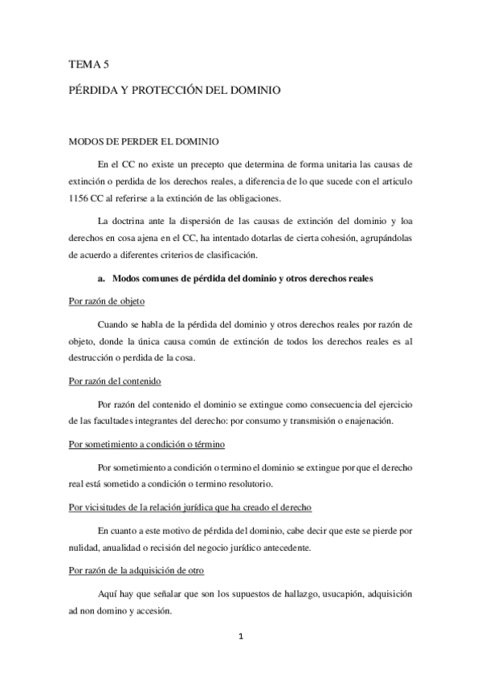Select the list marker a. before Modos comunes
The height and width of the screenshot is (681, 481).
(101, 278)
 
